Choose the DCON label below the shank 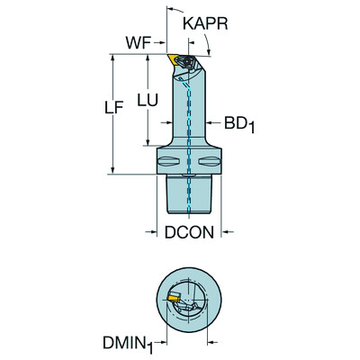pos(188,231)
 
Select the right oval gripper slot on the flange pos(209,163)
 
